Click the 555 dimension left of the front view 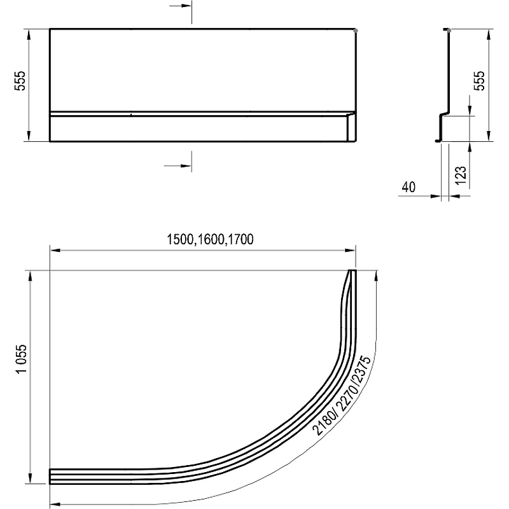point(20,81)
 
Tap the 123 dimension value point(461,176)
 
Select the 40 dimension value point(408,187)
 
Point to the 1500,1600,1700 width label point(210,240)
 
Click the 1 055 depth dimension point(22,359)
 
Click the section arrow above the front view point(181,6)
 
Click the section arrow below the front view point(178,165)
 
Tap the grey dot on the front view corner point(356,31)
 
